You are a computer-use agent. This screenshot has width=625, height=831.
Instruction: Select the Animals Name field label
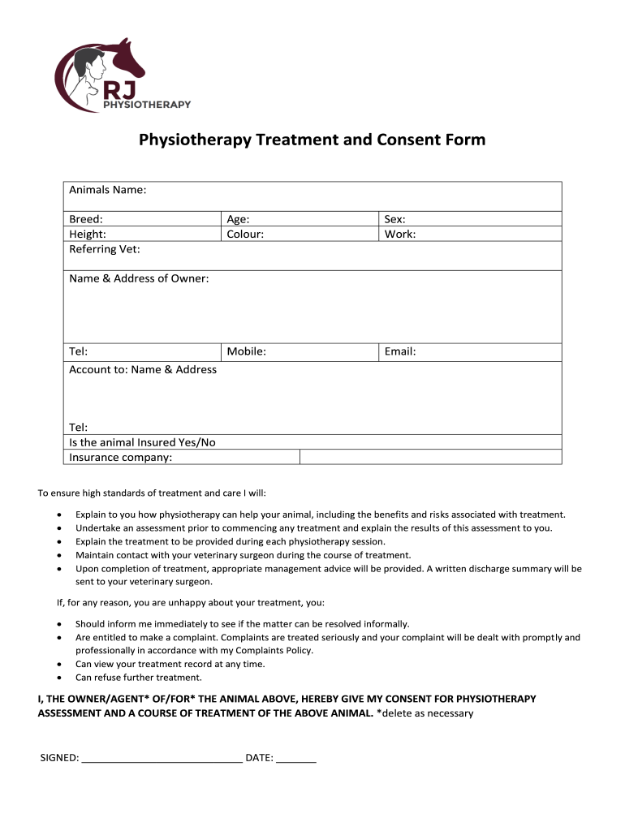click(x=107, y=190)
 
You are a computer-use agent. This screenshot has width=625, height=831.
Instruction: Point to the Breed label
click(x=86, y=219)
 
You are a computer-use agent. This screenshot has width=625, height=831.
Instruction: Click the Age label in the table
click(x=238, y=219)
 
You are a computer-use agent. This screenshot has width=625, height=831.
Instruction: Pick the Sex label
click(x=395, y=219)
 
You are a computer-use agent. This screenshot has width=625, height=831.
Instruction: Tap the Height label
click(x=88, y=234)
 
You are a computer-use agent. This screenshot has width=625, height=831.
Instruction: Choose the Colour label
click(x=245, y=234)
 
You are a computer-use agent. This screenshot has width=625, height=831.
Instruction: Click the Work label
click(x=400, y=234)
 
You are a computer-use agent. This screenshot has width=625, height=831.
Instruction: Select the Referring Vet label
click(x=104, y=249)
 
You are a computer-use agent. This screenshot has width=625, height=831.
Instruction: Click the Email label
click(x=401, y=351)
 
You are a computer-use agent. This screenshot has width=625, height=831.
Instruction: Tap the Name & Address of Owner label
click(x=139, y=278)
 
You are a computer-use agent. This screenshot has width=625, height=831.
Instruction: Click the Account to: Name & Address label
click(x=143, y=369)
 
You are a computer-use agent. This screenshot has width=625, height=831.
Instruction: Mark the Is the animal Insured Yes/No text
click(x=142, y=442)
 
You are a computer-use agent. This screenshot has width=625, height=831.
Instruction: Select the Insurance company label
click(x=120, y=457)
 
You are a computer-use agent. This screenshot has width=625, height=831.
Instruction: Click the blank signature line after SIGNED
click(x=162, y=759)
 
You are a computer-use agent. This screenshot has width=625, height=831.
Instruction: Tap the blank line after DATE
click(x=296, y=759)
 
